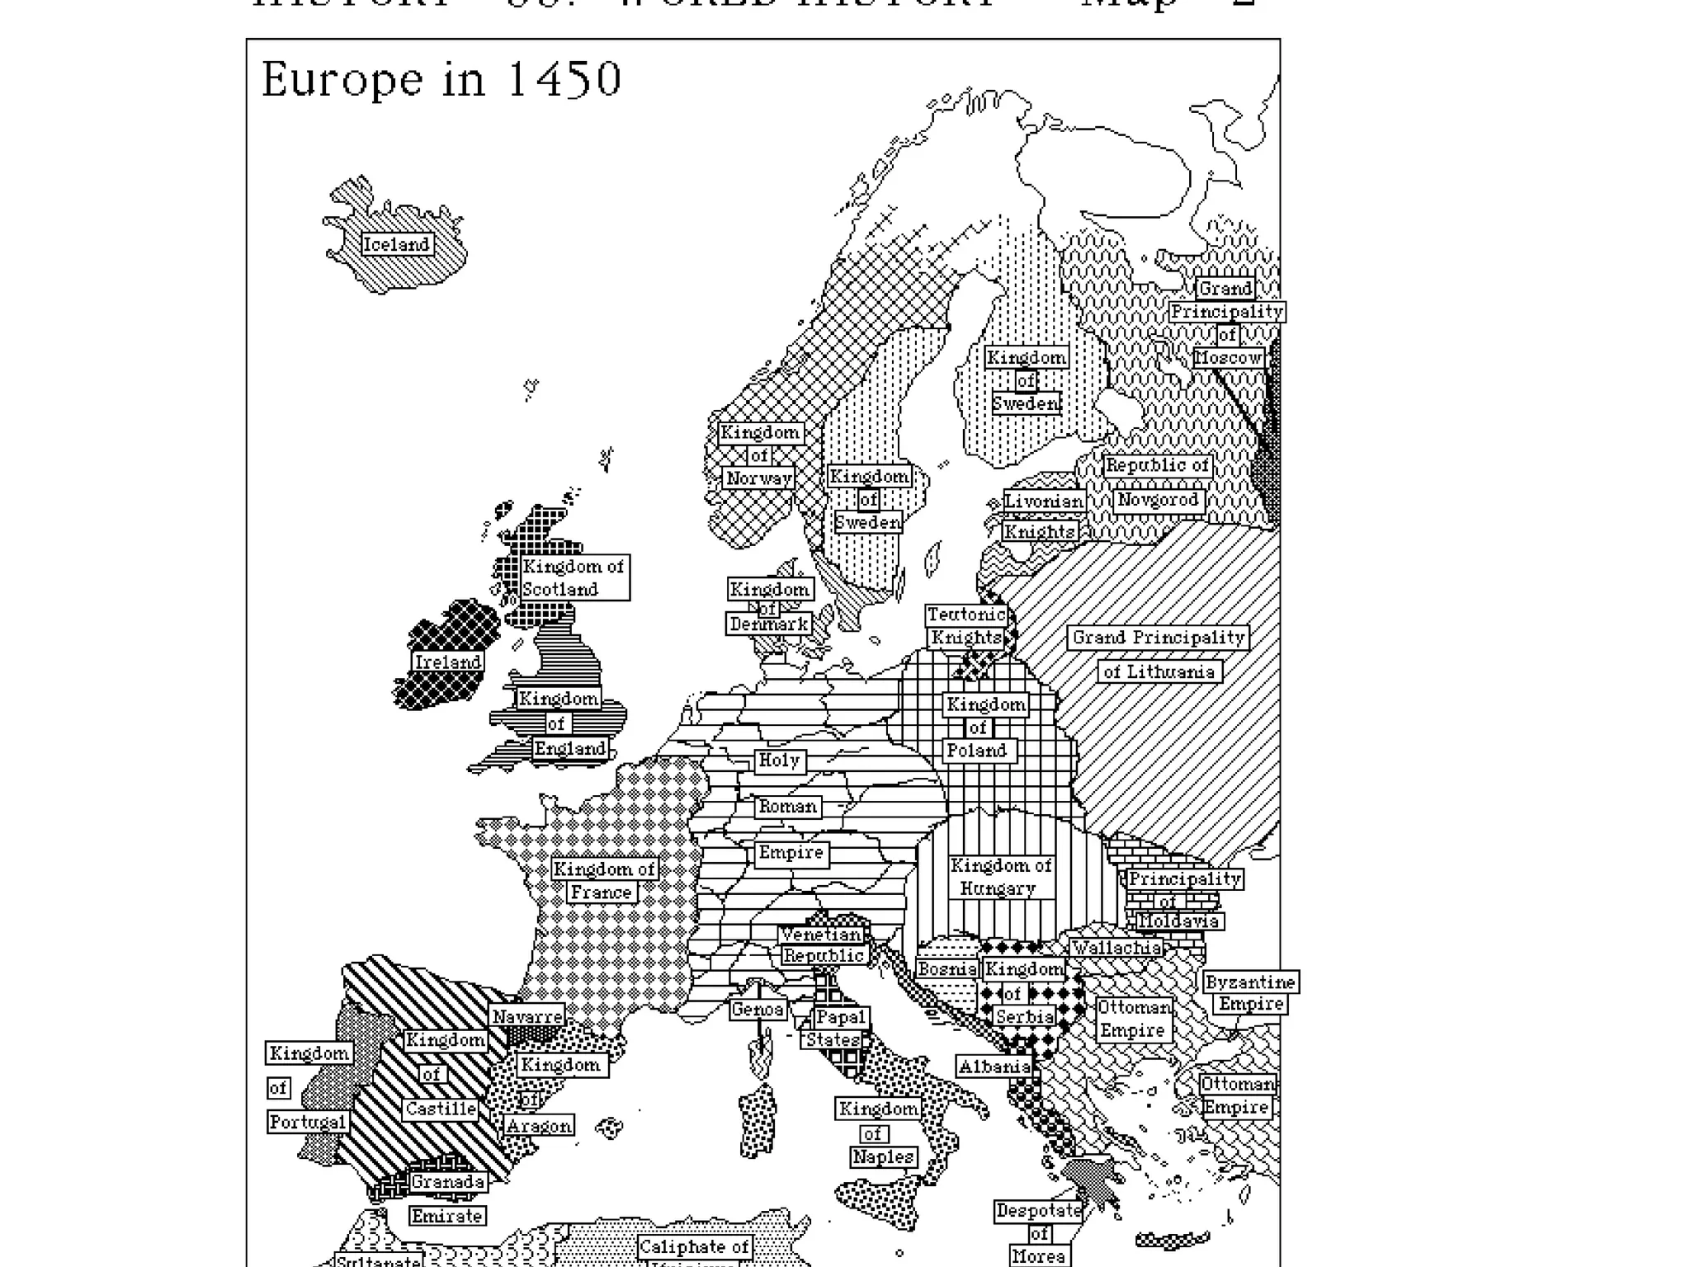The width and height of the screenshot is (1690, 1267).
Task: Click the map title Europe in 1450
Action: point(441,80)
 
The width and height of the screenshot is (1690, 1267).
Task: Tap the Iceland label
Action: point(397,244)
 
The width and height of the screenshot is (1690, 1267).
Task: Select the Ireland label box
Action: point(447,662)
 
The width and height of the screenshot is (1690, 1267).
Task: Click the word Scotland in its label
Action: point(560,589)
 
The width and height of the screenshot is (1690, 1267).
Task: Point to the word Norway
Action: point(759,478)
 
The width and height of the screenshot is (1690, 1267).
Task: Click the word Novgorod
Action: point(1157,500)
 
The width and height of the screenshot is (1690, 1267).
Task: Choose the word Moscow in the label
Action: point(1228,357)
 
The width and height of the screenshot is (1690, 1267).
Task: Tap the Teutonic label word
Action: point(965,615)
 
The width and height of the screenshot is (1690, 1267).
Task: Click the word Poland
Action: point(976,750)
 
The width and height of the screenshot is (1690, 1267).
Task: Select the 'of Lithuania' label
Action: point(1159,671)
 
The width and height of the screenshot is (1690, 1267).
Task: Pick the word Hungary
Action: point(998,888)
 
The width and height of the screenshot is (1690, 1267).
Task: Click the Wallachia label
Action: point(1116,948)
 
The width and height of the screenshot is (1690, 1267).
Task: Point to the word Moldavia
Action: point(1178,921)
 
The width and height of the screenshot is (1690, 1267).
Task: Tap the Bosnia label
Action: point(946,968)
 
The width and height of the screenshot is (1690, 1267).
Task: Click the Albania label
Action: point(994,1066)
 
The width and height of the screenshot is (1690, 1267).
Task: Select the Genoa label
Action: point(758,1009)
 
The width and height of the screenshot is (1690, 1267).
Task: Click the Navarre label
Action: point(527,1016)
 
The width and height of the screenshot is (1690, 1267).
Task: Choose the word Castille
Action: point(441,1109)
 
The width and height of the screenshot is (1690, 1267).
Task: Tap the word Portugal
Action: point(308,1122)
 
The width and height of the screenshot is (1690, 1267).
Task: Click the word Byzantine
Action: point(1250,982)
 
